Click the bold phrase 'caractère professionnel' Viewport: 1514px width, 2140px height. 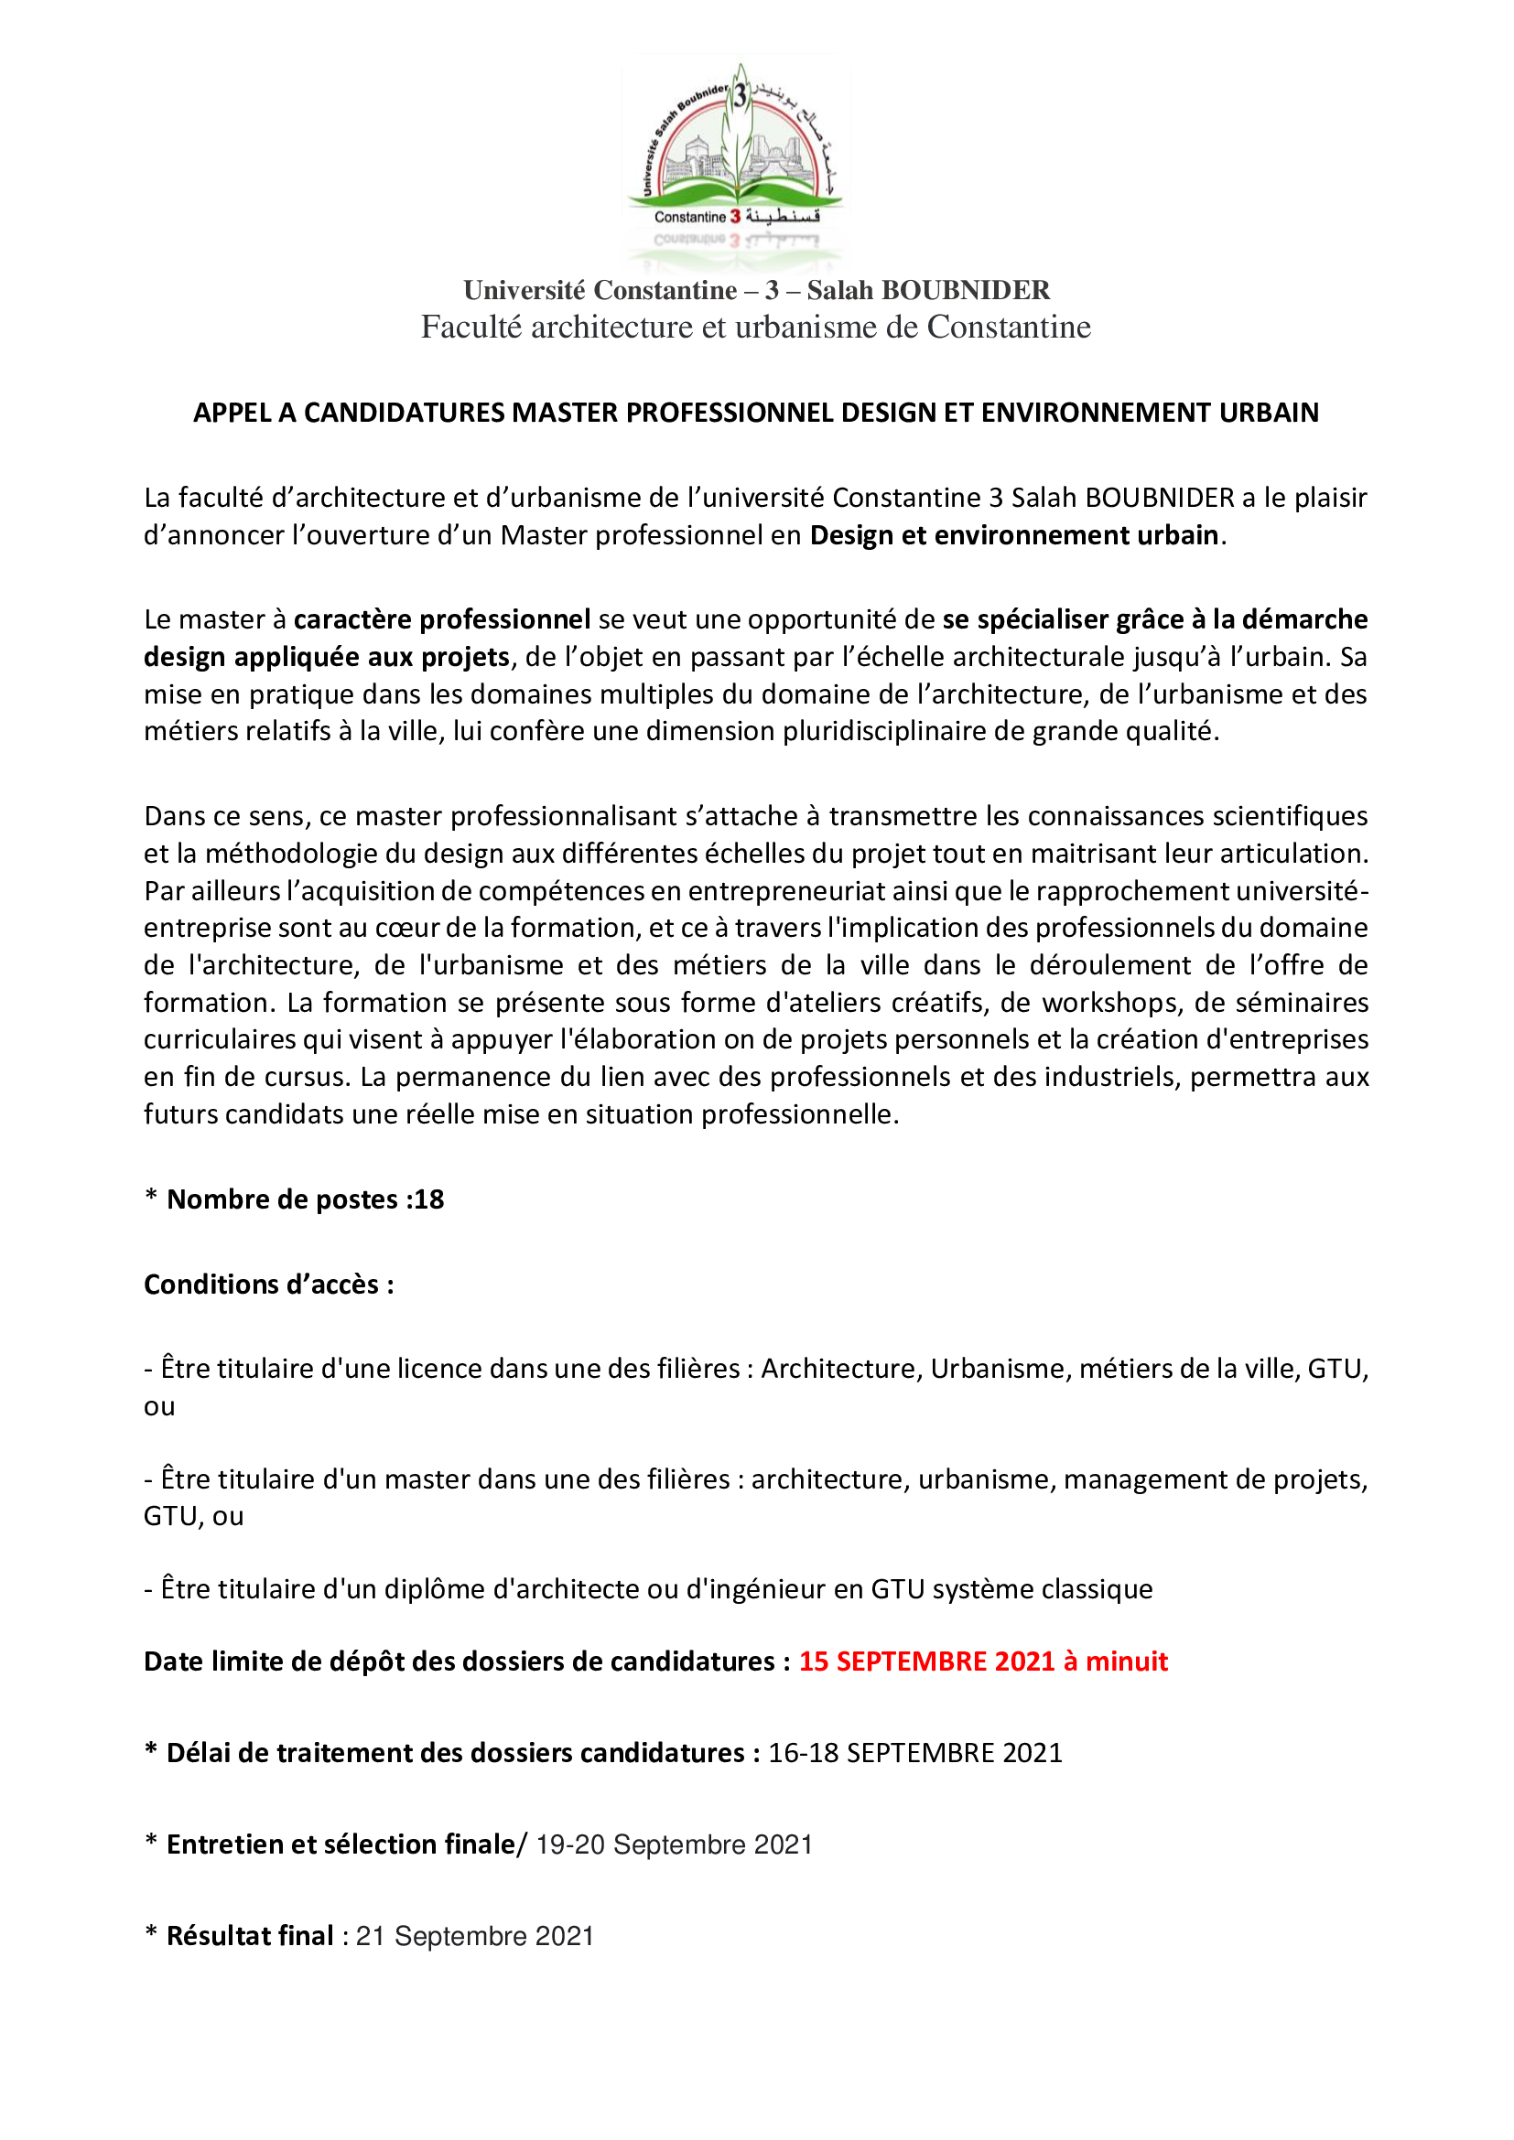pos(442,619)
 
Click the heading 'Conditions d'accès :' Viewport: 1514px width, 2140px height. pos(268,1285)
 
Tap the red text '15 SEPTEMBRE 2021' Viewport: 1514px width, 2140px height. pos(926,1661)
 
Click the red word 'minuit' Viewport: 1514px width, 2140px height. pos(1126,1661)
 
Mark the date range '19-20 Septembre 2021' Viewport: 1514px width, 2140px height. pos(674,1844)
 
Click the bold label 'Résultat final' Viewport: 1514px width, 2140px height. pos(250,1936)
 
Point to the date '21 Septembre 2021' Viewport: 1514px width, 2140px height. pos(474,1936)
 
